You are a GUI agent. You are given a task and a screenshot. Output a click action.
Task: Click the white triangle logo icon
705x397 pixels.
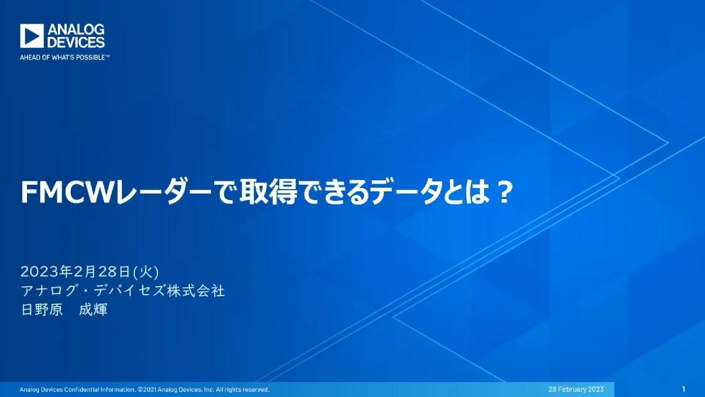[x=32, y=36]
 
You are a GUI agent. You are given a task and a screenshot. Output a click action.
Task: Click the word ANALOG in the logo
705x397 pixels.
[x=76, y=30]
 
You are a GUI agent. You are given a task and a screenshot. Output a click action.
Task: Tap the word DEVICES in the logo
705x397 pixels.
[x=76, y=42]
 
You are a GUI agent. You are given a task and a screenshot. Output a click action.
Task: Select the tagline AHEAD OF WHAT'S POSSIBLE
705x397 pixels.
[x=64, y=58]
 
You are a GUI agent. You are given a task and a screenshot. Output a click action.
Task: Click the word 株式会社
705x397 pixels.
[x=196, y=291]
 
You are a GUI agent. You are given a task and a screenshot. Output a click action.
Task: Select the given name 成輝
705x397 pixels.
[x=93, y=309]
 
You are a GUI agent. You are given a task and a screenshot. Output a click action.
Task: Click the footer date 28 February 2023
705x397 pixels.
[x=576, y=389]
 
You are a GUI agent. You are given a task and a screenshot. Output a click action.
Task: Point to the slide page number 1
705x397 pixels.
[x=684, y=389]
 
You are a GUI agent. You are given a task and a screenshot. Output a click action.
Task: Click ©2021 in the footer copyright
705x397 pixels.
[x=147, y=390]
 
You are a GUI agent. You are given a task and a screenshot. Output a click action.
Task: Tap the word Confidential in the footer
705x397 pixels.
[x=82, y=390]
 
